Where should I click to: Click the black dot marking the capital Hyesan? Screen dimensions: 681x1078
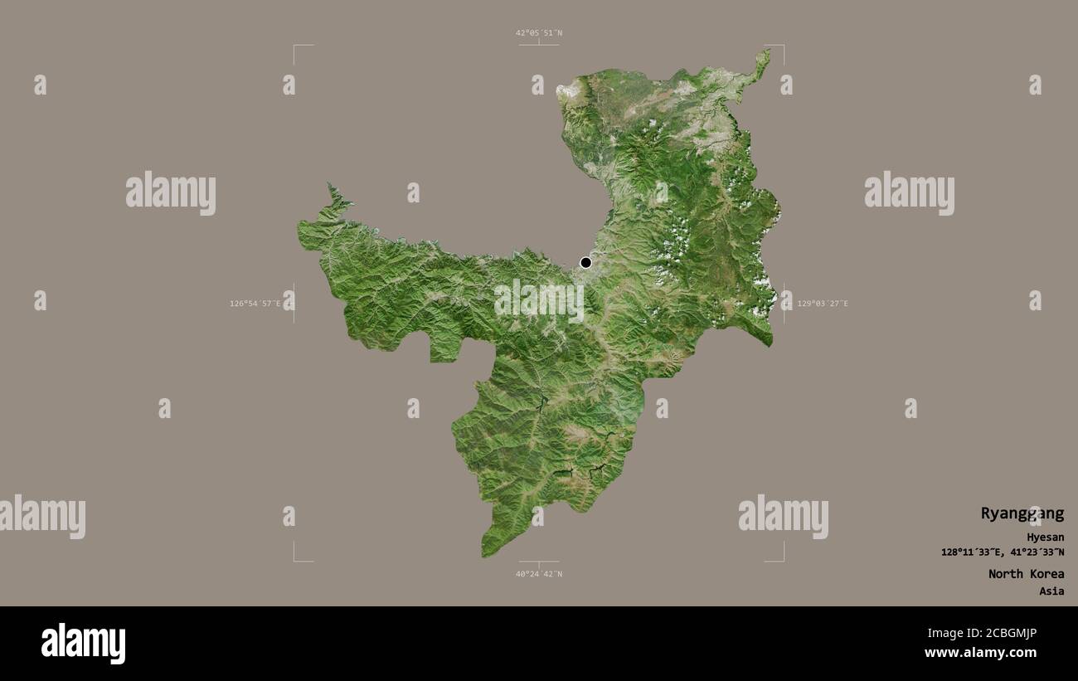coord(585,263)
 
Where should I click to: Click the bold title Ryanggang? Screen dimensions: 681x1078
coord(1022,513)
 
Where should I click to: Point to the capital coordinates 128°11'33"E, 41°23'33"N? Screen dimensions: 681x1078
coord(1003,552)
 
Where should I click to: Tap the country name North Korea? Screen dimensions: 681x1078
coord(1026,574)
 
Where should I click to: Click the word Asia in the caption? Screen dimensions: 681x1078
coord(1051,591)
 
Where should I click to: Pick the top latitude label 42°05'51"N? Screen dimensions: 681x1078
coord(539,33)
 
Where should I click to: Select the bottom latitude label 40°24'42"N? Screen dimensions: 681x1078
coord(539,574)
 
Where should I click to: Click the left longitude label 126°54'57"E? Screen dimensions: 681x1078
coord(257,304)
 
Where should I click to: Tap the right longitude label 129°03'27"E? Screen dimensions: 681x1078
coord(822,304)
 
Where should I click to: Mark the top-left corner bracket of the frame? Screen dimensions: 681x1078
coord(295,46)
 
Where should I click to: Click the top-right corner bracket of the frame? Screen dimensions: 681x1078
coord(782,46)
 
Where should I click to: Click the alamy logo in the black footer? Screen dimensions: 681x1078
coord(83,644)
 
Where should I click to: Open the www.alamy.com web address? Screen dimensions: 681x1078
coord(980,653)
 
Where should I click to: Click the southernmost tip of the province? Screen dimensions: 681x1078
coord(485,554)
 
